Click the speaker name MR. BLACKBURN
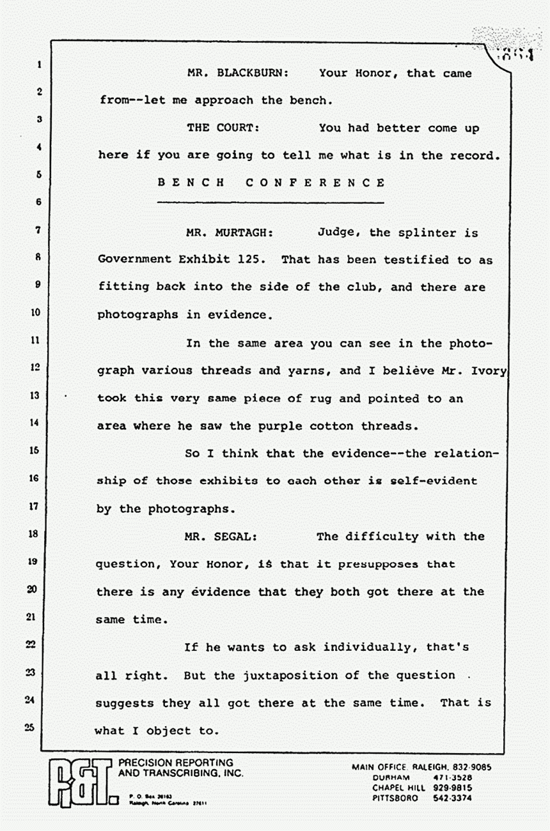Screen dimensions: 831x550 coord(238,73)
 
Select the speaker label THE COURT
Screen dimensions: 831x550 coord(223,128)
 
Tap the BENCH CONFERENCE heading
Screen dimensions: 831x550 coord(271,183)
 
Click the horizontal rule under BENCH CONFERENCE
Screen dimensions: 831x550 coord(271,203)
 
